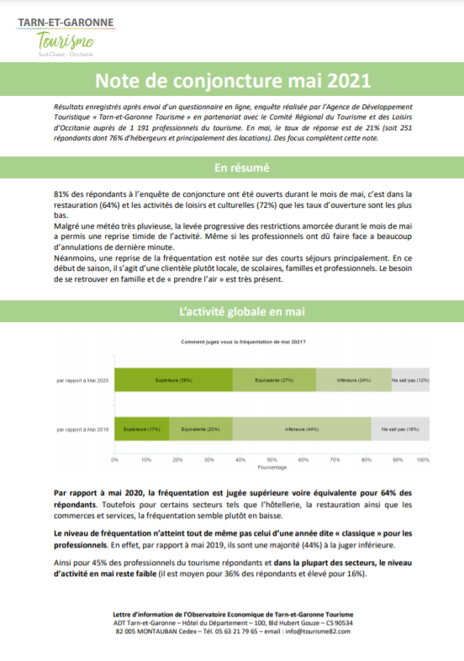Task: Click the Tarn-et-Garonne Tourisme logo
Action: pyautogui.click(x=66, y=36)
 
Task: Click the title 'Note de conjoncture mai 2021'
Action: pyautogui.click(x=231, y=81)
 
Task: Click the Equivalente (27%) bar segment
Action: pyautogui.click(x=274, y=381)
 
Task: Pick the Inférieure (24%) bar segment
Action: pyautogui.click(x=353, y=381)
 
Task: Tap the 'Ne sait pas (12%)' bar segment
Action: pyautogui.click(x=410, y=381)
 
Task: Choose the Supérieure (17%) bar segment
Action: pyautogui.click(x=141, y=429)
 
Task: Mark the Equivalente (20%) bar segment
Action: pyautogui.click(x=200, y=429)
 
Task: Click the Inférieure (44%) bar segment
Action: pyautogui.click(x=301, y=429)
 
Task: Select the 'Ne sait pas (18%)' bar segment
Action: pyautogui.click(x=400, y=429)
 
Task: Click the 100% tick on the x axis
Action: pyautogui.click(x=424, y=461)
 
